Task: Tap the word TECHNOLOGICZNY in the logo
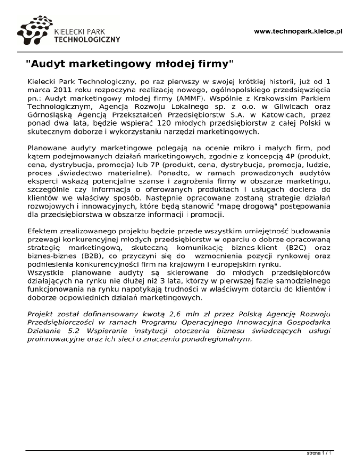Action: [x=87, y=39]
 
